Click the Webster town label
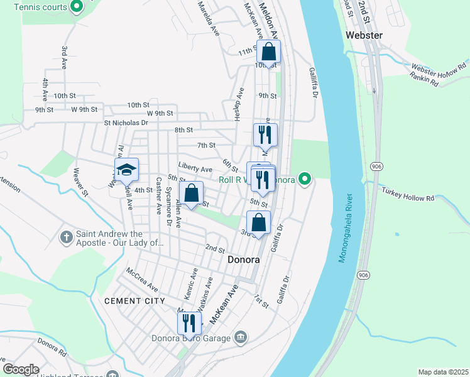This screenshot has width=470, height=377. coord(364,35)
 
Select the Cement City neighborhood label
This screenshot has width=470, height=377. coord(134,301)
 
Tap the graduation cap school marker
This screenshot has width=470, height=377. coord(126,170)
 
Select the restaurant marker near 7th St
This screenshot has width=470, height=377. coord(265,134)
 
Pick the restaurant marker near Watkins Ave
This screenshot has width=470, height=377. coord(189,323)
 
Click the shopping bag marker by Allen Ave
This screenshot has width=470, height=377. coord(192,194)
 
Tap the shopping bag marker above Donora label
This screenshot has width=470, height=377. coord(258,222)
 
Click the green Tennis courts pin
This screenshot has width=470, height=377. coord(77,7)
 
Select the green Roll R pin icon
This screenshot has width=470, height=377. coord(305,180)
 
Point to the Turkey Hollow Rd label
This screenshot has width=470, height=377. coord(412,197)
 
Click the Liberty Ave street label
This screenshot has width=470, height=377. coord(195,169)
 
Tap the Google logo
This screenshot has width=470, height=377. coord(21,369)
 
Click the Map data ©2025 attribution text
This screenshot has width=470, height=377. coord(443,372)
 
